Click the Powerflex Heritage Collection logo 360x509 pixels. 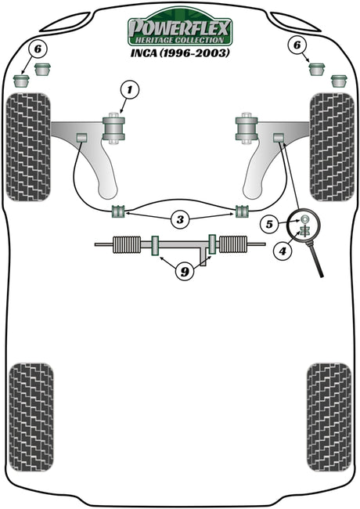point(180,28)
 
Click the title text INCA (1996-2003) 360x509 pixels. point(180,53)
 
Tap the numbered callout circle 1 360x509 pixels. point(130,90)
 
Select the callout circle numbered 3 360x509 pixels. point(180,219)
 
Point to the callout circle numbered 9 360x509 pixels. point(185,271)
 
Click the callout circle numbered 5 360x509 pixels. point(269,224)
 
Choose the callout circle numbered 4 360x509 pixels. point(283,251)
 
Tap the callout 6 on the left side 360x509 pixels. point(38,49)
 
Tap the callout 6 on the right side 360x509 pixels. point(297,45)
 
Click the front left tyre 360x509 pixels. point(28,146)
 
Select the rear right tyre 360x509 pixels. point(329,417)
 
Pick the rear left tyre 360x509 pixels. point(31,417)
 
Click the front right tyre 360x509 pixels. point(332,146)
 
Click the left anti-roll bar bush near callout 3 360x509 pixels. point(118,211)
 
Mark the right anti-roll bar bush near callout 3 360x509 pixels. point(242,211)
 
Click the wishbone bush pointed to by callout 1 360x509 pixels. point(113,128)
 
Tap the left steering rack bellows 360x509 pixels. point(127,244)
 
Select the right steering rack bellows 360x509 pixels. point(233,244)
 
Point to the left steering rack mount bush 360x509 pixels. point(156,246)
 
